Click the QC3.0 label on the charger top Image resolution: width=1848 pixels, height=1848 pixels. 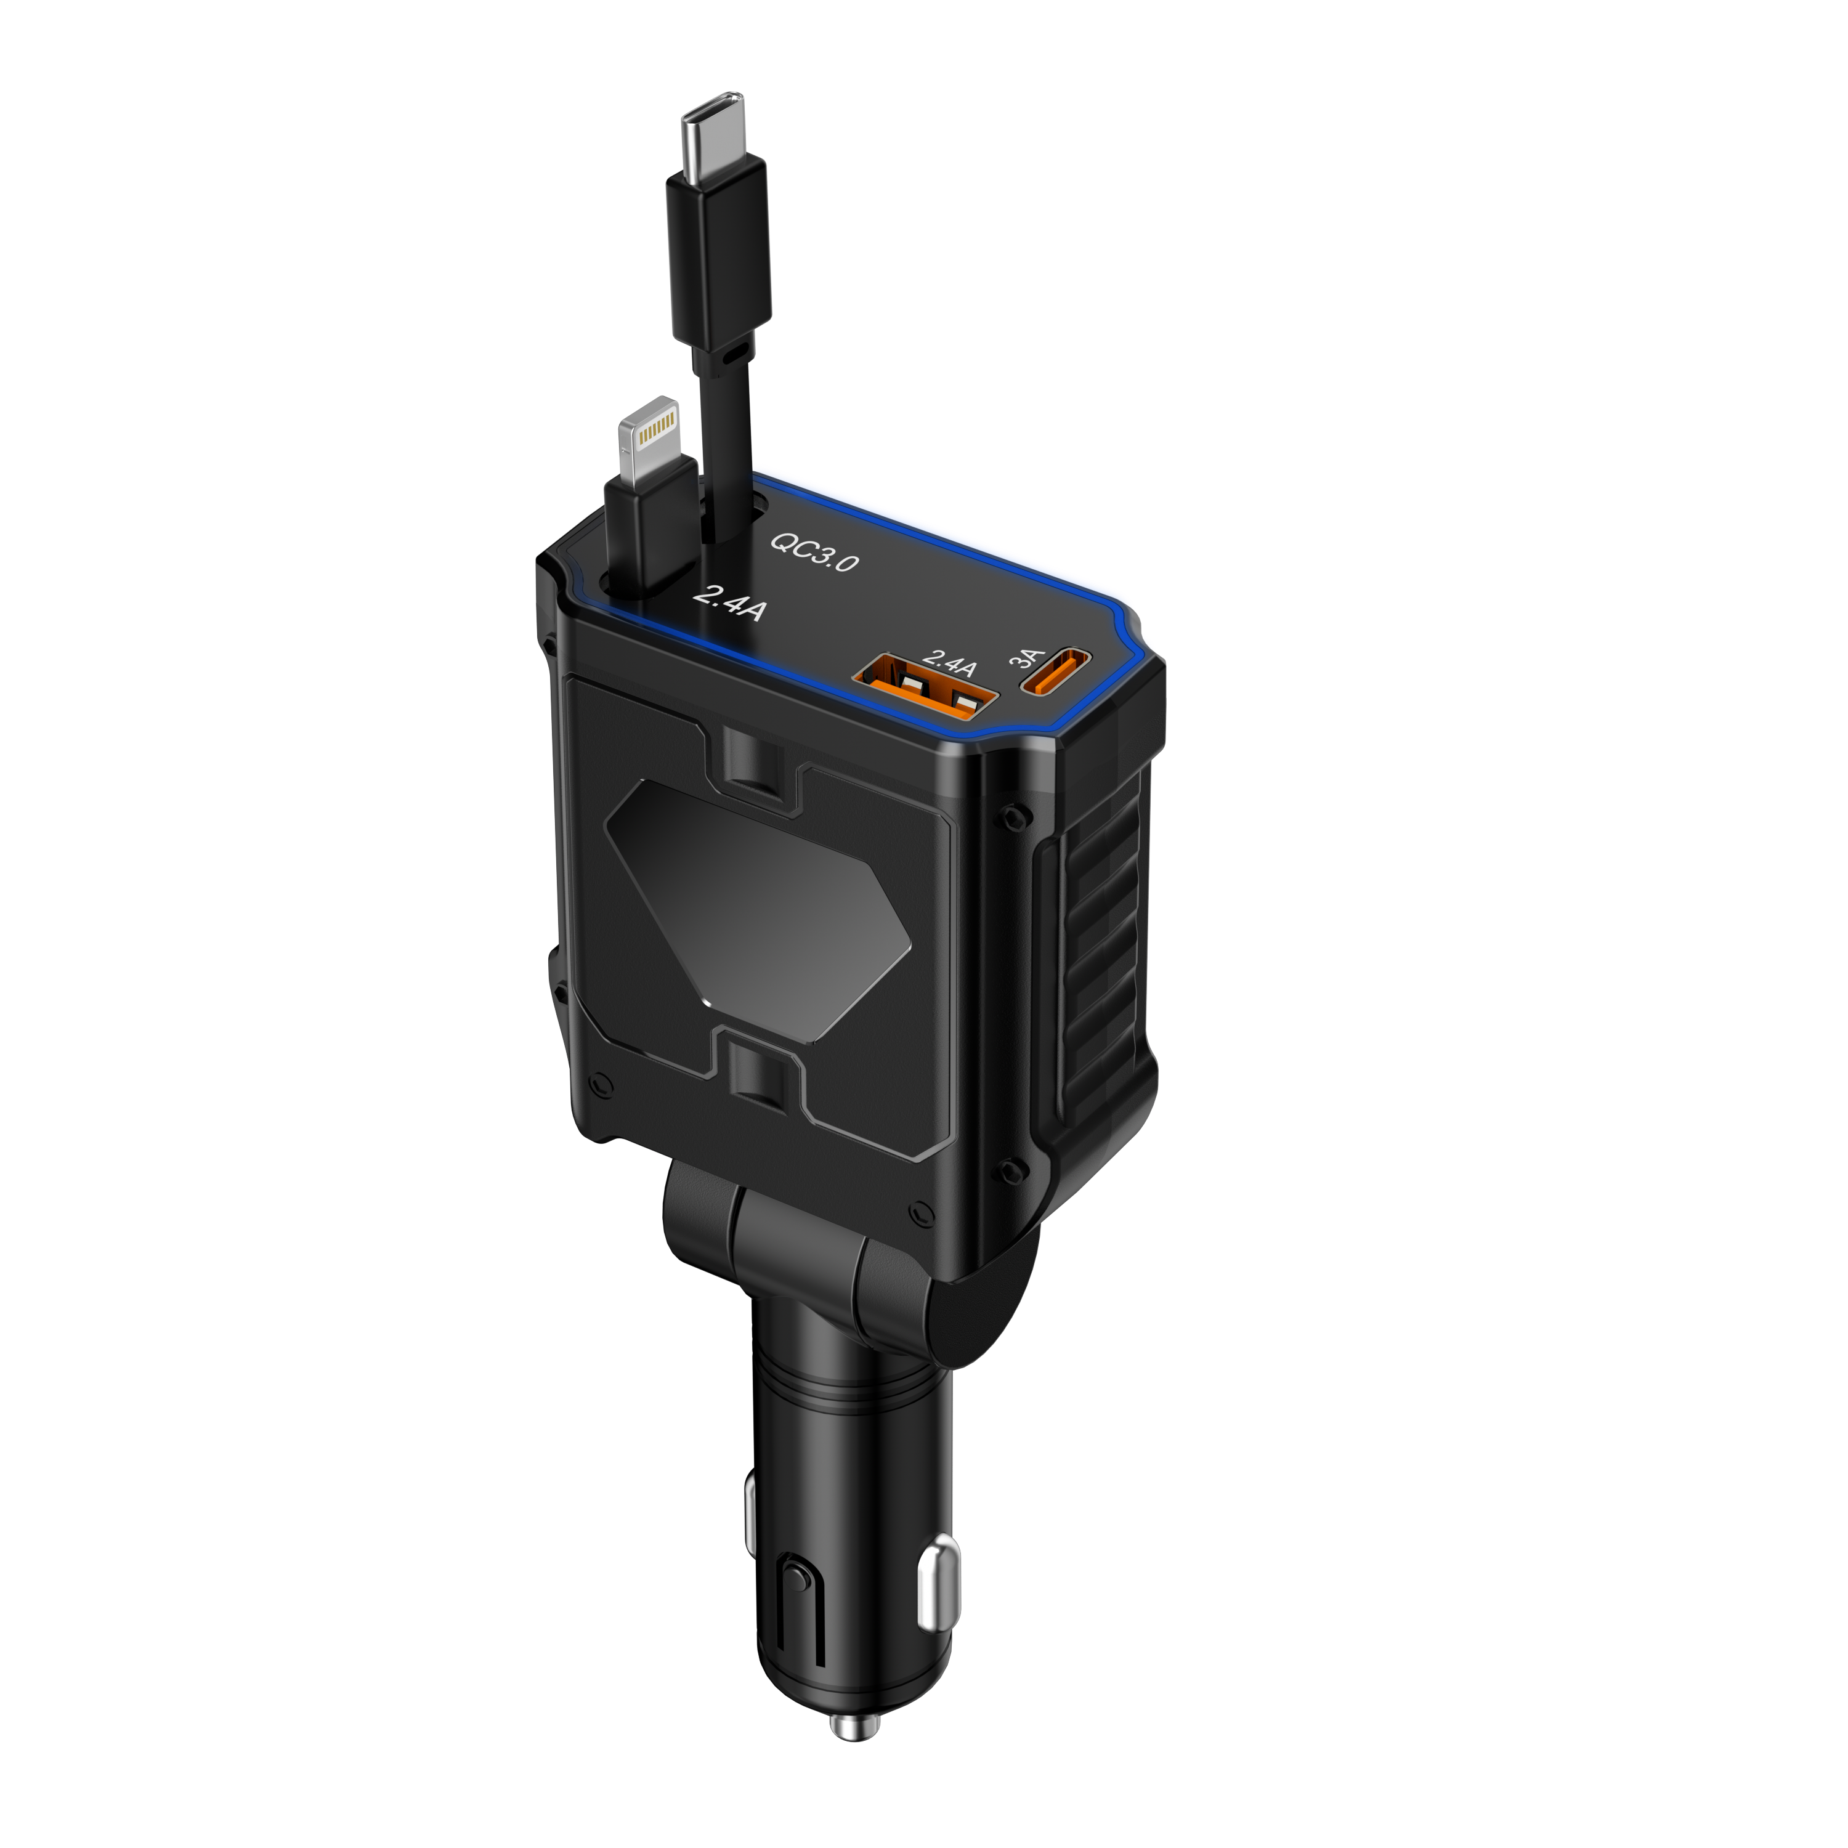point(815,551)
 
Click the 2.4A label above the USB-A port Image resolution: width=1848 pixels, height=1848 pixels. point(949,662)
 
